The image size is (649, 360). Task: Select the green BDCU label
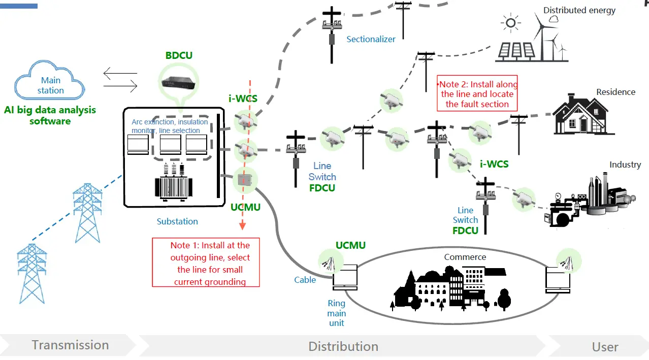coord(179,55)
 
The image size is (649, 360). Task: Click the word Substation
coord(177,221)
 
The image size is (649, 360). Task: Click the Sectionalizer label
coord(371,39)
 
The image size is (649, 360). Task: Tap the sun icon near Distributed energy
coord(510,23)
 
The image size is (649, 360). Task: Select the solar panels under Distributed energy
coord(516,50)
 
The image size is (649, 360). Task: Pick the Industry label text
coord(625,165)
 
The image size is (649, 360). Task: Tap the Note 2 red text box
coord(477,94)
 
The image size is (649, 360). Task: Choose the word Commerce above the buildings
coord(465,257)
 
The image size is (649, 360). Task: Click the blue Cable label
coord(305,280)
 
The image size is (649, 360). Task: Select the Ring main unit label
coord(336,313)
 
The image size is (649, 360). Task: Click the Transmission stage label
coord(70,345)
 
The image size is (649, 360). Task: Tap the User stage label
coord(605,347)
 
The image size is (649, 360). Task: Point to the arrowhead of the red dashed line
coord(242,226)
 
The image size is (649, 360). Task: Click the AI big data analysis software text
coord(50,115)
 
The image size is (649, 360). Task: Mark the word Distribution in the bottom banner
coord(343,347)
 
